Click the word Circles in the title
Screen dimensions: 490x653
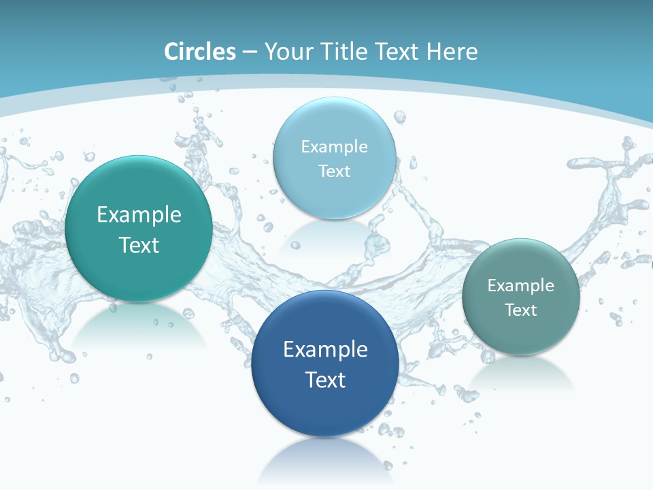[200, 52]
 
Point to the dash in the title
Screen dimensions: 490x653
[250, 52]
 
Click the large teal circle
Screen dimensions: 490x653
[139, 197]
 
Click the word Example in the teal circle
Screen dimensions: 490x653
[139, 215]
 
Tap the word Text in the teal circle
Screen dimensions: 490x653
[139, 245]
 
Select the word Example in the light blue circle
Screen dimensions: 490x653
[334, 147]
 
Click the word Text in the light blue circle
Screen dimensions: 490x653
[334, 171]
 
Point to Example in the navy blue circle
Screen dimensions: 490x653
[325, 350]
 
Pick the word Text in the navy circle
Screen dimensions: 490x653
[325, 380]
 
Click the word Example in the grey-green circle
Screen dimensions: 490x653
[520, 286]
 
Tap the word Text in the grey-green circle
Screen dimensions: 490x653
[520, 310]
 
